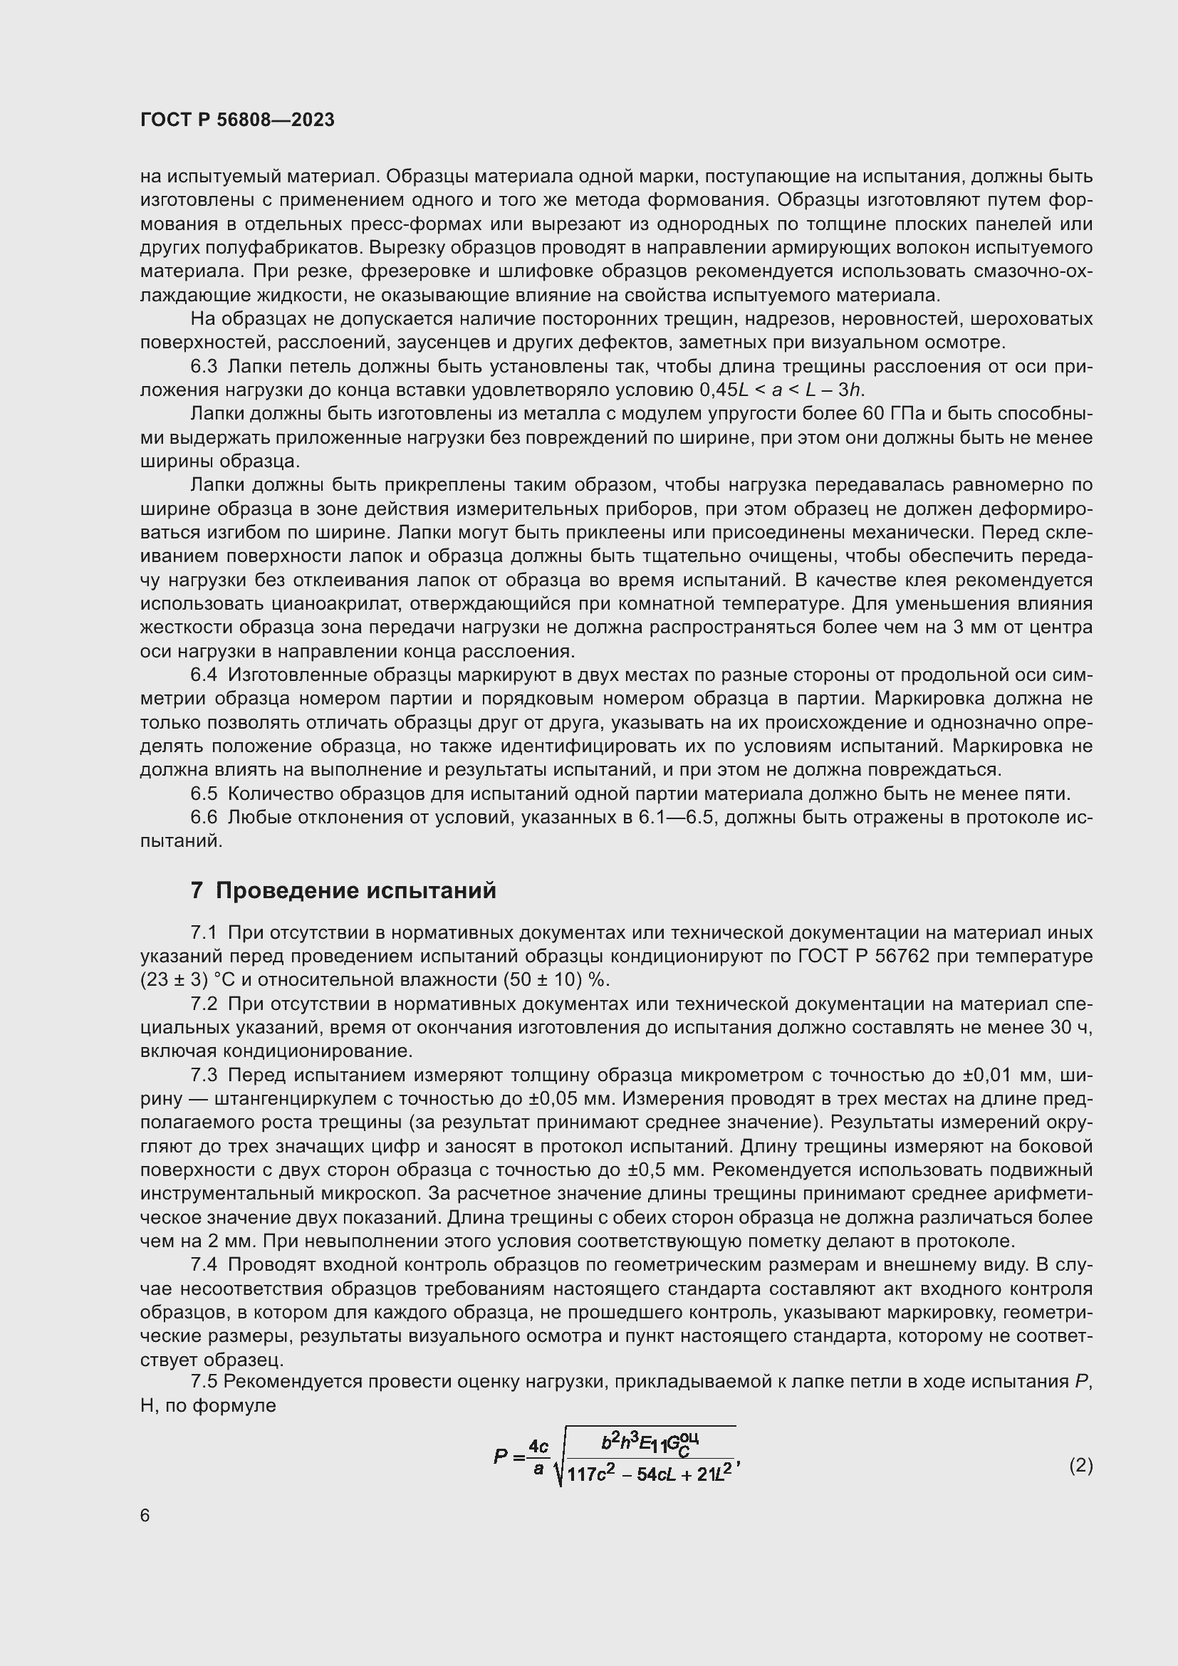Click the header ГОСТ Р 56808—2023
tap(237, 120)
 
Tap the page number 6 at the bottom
tap(145, 1516)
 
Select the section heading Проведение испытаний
tap(355, 890)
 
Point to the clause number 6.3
tap(204, 366)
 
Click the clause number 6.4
tap(204, 675)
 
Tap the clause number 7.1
tap(204, 932)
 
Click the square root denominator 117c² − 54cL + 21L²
tap(650, 1475)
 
